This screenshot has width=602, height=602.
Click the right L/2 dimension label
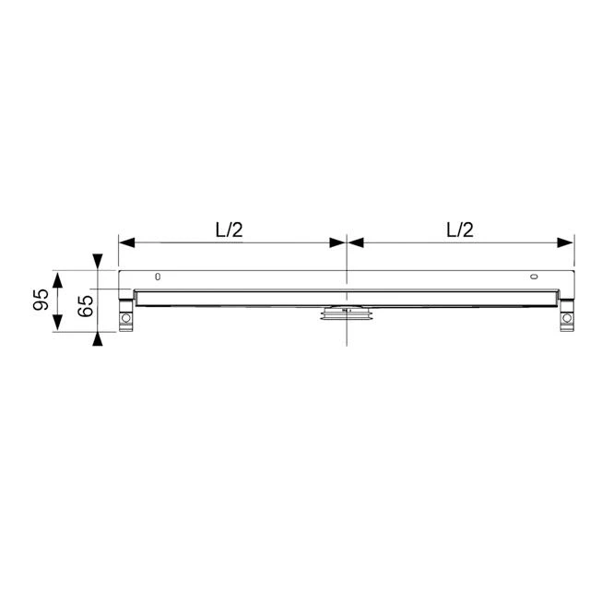pyautogui.click(x=459, y=230)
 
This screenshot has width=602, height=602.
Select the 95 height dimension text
pyautogui.click(x=40, y=301)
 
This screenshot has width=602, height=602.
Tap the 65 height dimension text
pyautogui.click(x=84, y=304)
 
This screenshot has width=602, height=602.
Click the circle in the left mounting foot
pyautogui.click(x=126, y=319)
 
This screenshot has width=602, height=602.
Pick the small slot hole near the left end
pyautogui.click(x=158, y=277)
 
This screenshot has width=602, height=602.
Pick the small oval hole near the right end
pyautogui.click(x=534, y=277)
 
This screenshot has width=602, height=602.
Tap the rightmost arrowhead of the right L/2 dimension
pyautogui.click(x=565, y=243)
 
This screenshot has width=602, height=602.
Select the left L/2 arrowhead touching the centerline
pyautogui.click(x=336, y=243)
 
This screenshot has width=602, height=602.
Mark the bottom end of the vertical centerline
pyautogui.click(x=346, y=344)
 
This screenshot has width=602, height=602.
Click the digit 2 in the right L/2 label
pyautogui.click(x=468, y=230)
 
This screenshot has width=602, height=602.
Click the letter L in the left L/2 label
pyautogui.click(x=220, y=230)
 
